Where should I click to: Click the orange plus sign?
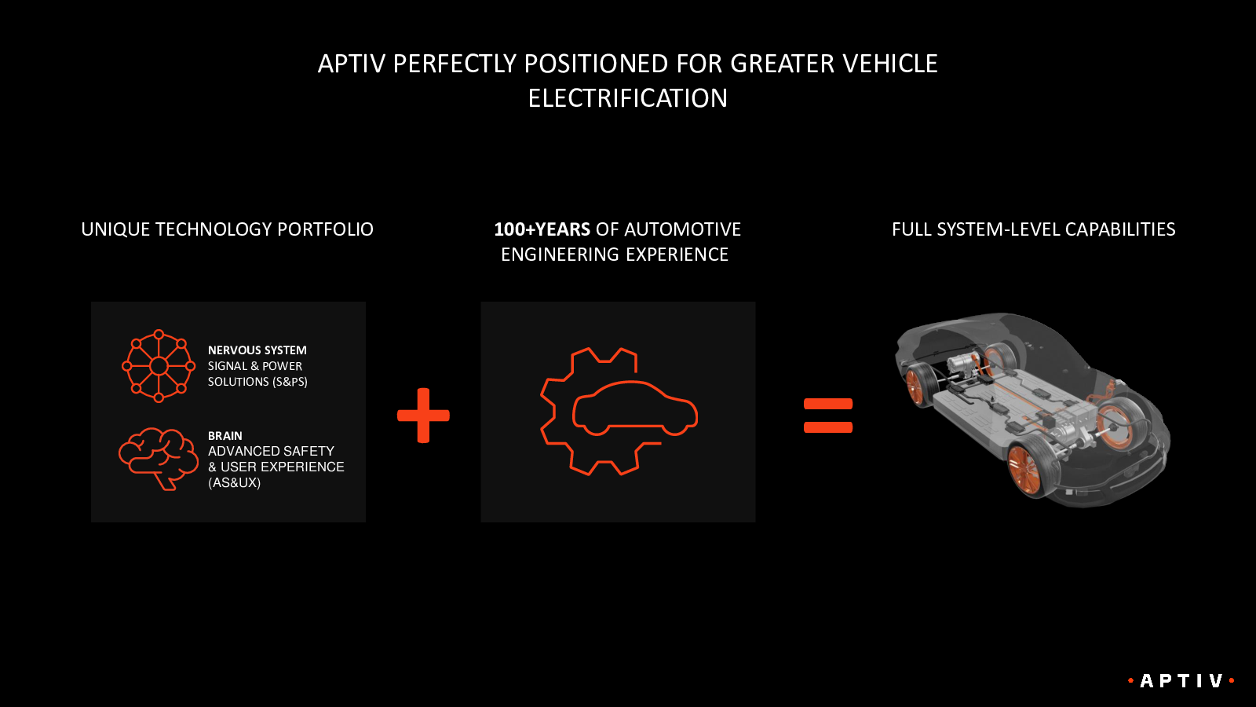[x=423, y=416]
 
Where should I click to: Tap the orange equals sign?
[x=828, y=416]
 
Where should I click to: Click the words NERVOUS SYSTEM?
[x=257, y=350]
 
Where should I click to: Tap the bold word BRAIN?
[x=225, y=436]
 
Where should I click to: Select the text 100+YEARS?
[x=542, y=229]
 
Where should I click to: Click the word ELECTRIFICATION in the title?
[x=627, y=98]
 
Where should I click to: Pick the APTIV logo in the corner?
[x=1181, y=680]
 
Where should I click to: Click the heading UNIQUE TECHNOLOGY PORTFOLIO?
[x=227, y=229]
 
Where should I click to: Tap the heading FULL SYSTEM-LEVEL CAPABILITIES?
[x=1033, y=229]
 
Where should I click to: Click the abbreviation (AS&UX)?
[x=235, y=482]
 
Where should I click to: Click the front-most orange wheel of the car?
[x=1024, y=468]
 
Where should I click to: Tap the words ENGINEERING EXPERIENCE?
[x=615, y=255]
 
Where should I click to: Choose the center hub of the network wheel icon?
[x=159, y=366]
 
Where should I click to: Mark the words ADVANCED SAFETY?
[x=271, y=451]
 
